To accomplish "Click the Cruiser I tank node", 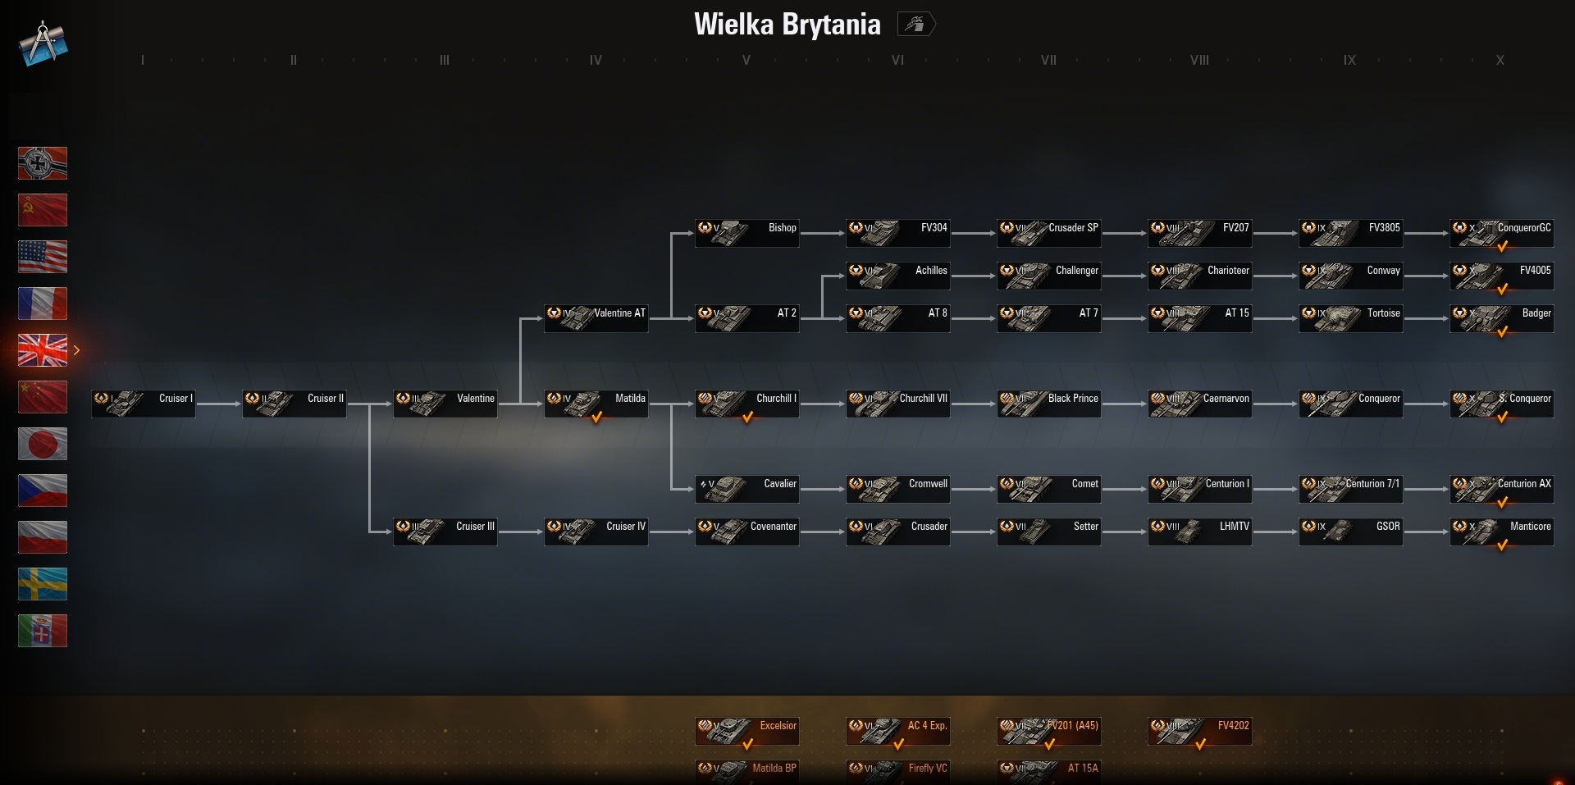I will [144, 403].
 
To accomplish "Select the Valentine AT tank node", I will [596, 317].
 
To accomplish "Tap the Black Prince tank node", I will [1049, 403].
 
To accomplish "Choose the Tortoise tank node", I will [1351, 317].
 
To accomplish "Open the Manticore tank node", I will [1502, 531].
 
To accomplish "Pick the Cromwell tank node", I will [898, 488].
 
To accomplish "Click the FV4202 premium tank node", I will [1200, 730].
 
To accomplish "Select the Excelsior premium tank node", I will [747, 730].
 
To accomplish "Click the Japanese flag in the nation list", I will [43, 444].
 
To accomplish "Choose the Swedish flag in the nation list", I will [43, 584].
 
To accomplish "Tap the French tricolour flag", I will [43, 304].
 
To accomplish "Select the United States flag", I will [43, 257].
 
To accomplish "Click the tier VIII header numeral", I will [1199, 60].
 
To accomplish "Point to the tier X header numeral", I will [1500, 60].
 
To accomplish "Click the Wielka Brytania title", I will [787, 25].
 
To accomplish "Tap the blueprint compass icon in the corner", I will [43, 43].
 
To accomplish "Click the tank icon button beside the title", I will [915, 25].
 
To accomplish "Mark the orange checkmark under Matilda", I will [597, 418].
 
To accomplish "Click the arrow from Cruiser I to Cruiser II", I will [218, 404].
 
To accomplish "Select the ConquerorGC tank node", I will [1502, 232].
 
